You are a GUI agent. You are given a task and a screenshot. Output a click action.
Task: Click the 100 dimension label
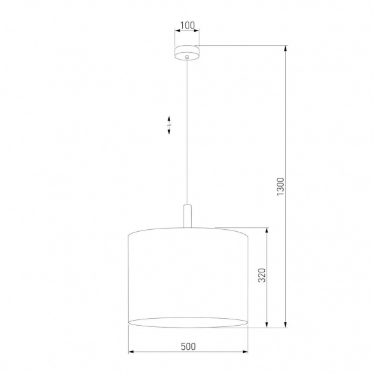pyautogui.click(x=187, y=26)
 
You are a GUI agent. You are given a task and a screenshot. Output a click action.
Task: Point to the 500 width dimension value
pyautogui.click(x=187, y=347)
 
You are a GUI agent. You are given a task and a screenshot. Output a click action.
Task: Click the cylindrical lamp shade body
pyautogui.click(x=187, y=273)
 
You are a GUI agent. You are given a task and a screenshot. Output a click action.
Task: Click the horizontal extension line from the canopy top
pyautogui.click(x=241, y=45)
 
